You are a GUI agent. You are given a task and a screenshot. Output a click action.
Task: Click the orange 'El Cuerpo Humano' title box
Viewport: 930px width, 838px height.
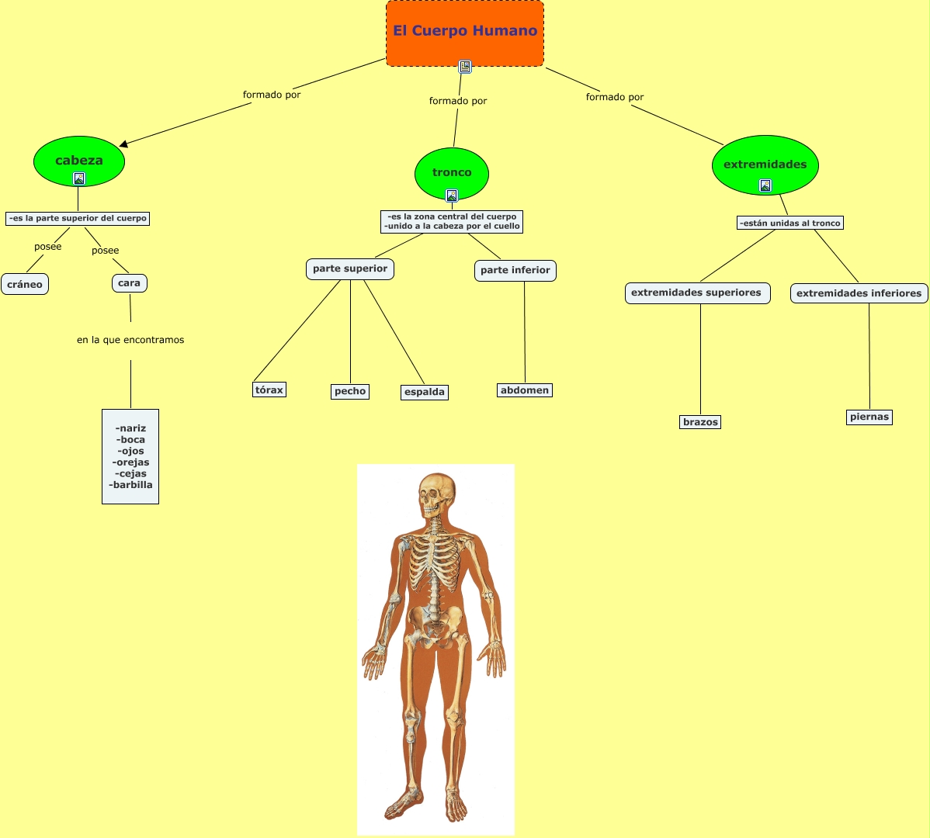point(464,31)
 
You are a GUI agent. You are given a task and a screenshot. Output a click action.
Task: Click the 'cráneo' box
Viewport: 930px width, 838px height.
point(25,284)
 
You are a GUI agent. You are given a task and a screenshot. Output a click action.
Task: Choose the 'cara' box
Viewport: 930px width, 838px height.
point(129,283)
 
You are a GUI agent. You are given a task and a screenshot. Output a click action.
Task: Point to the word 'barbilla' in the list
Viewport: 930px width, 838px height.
point(132,485)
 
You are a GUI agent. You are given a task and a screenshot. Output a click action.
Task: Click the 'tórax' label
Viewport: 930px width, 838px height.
point(269,390)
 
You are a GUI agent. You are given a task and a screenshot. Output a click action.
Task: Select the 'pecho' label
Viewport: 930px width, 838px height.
point(350,391)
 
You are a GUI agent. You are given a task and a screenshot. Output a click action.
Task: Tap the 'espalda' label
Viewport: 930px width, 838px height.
point(425,392)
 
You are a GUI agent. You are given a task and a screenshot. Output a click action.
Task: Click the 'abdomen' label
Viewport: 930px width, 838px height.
point(525,390)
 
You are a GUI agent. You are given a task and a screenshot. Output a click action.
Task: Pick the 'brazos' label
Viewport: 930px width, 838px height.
point(700,422)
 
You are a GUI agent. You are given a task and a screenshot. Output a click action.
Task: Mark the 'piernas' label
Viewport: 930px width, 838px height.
point(869,417)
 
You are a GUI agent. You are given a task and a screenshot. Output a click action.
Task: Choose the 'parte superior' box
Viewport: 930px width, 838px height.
point(350,268)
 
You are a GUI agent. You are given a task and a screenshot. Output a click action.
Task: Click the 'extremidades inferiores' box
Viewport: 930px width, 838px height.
point(859,293)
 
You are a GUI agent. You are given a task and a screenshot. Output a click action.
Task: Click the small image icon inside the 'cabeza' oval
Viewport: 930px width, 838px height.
point(79,178)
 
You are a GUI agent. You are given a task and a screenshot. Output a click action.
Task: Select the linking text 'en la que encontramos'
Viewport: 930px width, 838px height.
point(130,340)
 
